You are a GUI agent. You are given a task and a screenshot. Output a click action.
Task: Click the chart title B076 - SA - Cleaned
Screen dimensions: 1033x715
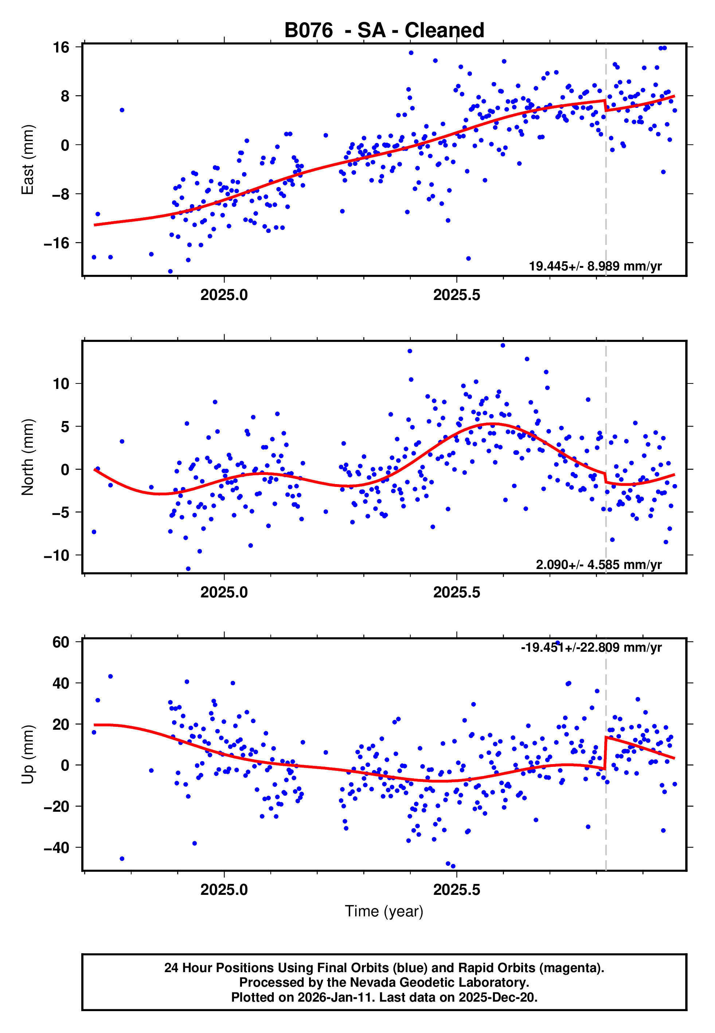pos(384,31)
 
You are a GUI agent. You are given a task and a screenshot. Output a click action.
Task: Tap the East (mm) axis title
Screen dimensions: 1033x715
pos(28,160)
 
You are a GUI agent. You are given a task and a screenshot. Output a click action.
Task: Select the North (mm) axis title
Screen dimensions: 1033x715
pos(28,457)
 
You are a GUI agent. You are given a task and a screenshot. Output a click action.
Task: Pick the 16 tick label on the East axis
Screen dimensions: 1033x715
pos(61,47)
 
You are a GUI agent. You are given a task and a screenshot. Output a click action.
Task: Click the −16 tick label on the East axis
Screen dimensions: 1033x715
pos(56,243)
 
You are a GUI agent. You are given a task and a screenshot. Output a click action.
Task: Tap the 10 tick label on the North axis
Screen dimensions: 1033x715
pos(61,384)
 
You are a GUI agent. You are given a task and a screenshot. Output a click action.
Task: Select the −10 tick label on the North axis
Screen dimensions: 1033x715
pos(56,556)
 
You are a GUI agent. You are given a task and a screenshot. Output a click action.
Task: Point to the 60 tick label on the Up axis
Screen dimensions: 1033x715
pos(61,642)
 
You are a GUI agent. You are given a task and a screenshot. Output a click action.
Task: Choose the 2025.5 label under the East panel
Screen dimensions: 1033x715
pos(457,295)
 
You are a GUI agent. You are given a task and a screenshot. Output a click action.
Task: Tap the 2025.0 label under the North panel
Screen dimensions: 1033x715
pos(224,593)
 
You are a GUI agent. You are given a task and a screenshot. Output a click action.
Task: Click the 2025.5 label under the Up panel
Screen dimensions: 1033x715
pos(457,890)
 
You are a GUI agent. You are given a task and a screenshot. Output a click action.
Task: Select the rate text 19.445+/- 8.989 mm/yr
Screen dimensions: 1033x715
pos(595,266)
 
